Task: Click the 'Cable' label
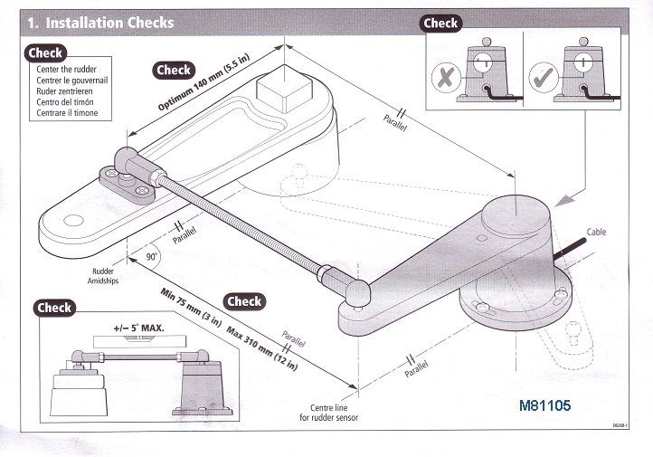tap(596, 233)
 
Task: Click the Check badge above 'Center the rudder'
tap(45, 53)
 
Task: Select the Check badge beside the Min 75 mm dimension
tap(244, 301)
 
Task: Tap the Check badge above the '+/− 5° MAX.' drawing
tap(53, 308)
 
